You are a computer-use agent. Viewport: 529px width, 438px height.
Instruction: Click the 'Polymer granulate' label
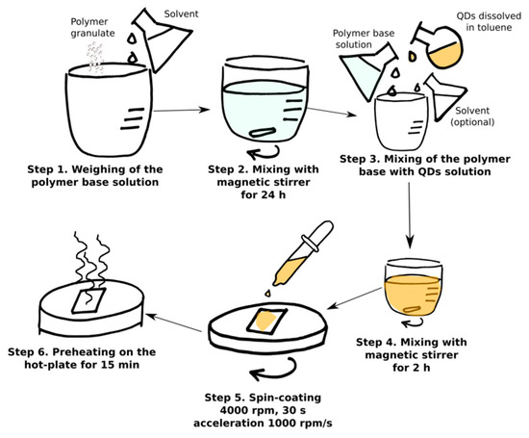click(92, 27)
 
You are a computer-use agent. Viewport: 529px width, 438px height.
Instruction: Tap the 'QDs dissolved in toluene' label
click(489, 21)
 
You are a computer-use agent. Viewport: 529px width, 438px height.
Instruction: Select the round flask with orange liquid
click(439, 45)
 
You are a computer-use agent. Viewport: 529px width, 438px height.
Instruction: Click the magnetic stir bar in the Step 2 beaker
click(263, 132)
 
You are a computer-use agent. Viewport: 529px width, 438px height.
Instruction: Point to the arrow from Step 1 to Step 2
click(182, 110)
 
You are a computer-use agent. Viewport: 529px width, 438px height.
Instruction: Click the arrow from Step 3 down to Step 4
click(410, 216)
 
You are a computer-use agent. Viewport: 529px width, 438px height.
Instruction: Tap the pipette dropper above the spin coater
click(303, 253)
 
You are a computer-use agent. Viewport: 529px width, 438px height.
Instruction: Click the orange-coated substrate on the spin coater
click(266, 321)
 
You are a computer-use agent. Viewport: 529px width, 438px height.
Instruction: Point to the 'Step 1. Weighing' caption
click(95, 175)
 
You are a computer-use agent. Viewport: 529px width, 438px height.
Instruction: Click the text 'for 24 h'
click(264, 194)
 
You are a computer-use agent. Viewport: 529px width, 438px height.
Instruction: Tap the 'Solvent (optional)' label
click(472, 116)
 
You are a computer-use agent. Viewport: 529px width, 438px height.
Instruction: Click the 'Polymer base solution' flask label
click(364, 39)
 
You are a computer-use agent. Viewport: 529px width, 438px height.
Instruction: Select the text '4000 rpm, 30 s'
click(263, 410)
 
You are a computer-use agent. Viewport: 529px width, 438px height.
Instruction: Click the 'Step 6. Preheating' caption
click(82, 358)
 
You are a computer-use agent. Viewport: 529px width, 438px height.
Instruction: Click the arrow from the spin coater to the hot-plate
click(174, 322)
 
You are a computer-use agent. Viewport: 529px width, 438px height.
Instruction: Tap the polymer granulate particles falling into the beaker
click(95, 57)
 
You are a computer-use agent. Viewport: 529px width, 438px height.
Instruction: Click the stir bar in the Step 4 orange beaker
click(411, 309)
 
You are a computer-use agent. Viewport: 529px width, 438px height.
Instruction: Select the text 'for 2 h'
click(412, 367)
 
